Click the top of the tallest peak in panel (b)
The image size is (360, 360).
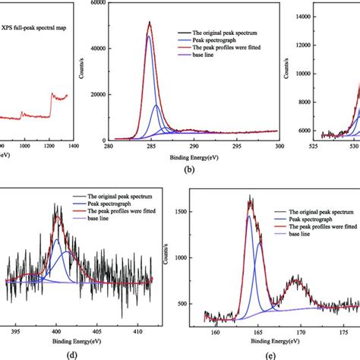pos(150,22)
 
